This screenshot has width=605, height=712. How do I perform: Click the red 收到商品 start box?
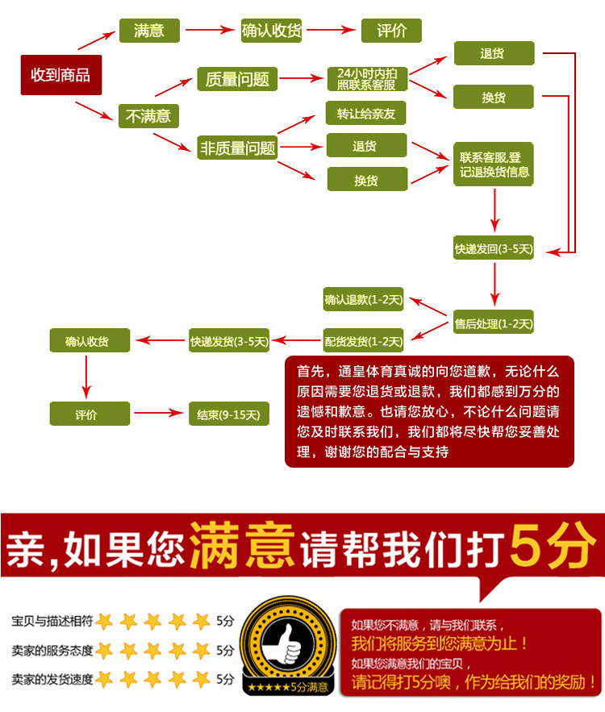click(60, 76)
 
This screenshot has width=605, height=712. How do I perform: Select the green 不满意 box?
click(148, 116)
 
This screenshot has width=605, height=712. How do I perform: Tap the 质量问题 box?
click(237, 79)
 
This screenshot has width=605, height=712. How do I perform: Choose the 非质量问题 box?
click(237, 148)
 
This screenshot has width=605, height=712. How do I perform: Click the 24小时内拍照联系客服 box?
click(366, 79)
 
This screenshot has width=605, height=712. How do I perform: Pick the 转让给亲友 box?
click(365, 113)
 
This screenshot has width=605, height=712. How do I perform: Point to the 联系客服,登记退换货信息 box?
click(494, 164)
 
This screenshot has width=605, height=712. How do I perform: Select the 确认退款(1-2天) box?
click(363, 301)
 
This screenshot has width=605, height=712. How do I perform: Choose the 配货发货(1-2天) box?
click(363, 341)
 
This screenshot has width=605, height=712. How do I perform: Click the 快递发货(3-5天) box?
click(229, 341)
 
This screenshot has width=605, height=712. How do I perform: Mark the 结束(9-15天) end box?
click(228, 414)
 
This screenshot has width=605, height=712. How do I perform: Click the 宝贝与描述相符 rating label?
click(52, 622)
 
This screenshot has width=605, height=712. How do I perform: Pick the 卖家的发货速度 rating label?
click(52, 680)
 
